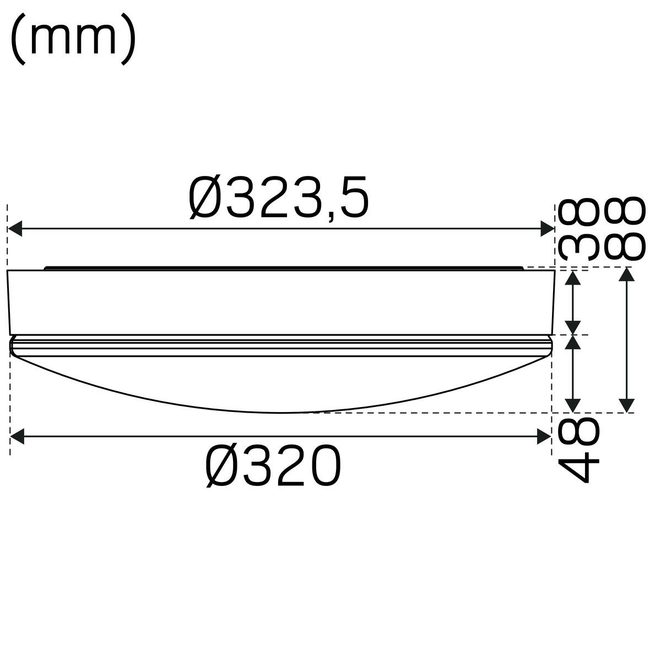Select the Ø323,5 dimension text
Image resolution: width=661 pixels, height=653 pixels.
click(x=279, y=197)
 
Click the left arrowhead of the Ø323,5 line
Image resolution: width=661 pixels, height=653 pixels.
click(x=15, y=228)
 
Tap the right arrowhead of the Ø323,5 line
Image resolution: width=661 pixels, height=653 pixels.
click(x=547, y=228)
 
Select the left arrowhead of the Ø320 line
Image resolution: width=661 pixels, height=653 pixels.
click(x=17, y=437)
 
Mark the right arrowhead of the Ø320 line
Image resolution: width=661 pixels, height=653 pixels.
click(x=544, y=437)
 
